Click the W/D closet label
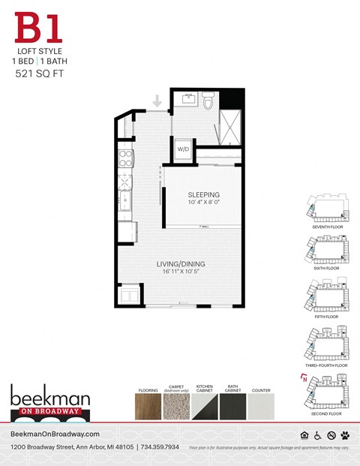(183, 149)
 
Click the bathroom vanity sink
(187, 99)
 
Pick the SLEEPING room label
(203, 194)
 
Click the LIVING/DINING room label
(180, 263)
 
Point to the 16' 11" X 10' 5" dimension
(180, 272)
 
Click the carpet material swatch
(176, 406)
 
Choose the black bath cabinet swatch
(232, 406)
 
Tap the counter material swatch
(261, 406)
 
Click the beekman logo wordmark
(49, 395)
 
